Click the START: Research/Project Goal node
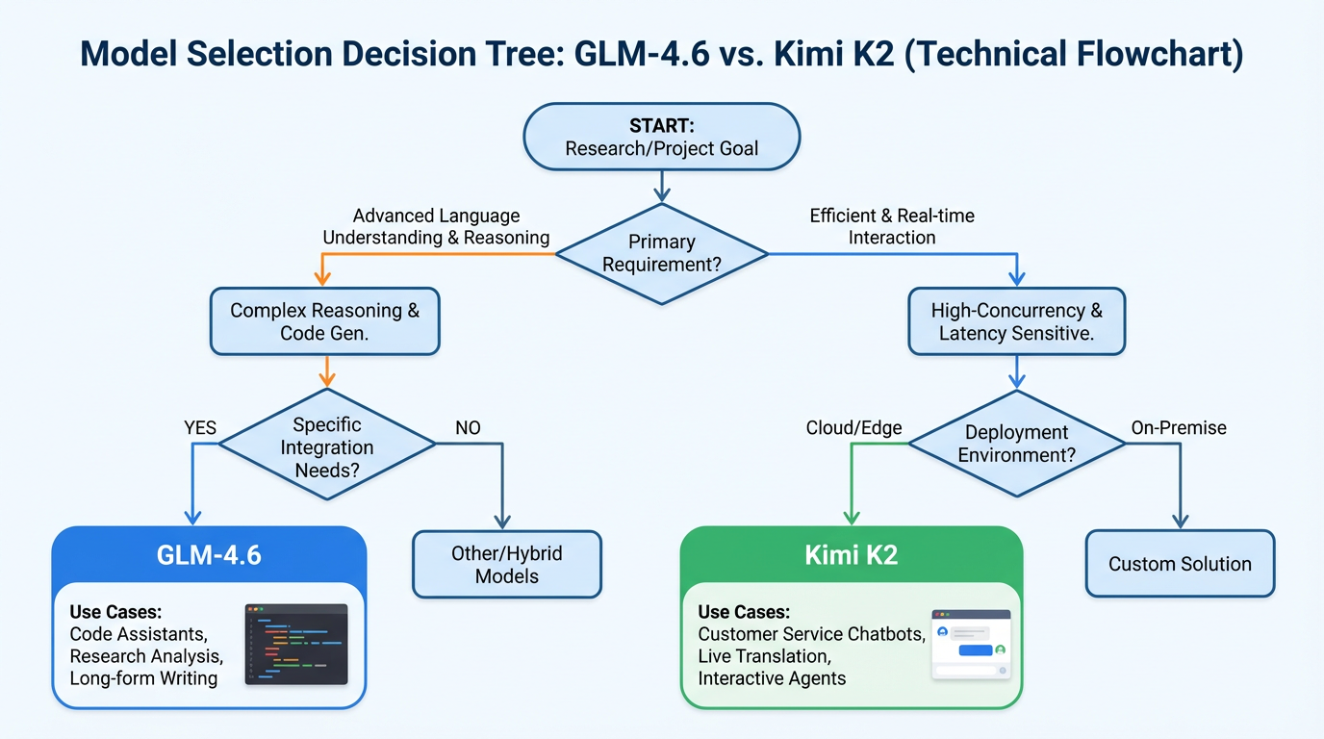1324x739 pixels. click(661, 137)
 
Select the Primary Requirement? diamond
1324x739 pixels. click(661, 253)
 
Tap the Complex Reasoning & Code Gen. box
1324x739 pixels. click(324, 321)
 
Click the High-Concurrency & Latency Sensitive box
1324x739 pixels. click(1016, 321)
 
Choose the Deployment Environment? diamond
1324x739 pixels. click(1016, 444)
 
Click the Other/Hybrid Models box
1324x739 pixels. click(506, 565)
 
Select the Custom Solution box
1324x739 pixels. click(1180, 564)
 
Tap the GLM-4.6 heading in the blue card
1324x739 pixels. click(209, 554)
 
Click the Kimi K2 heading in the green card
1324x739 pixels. click(851, 554)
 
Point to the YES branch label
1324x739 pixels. click(200, 427)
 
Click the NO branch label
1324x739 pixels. click(468, 427)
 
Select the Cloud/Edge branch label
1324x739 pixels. click(853, 427)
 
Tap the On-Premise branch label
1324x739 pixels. click(1179, 427)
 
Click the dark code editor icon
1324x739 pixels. click(295, 644)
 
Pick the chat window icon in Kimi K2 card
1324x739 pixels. click(971, 644)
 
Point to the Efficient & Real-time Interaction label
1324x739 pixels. click(892, 226)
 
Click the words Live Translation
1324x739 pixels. click(763, 656)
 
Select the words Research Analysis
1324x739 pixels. click(146, 656)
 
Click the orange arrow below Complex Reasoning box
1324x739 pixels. click(326, 371)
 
